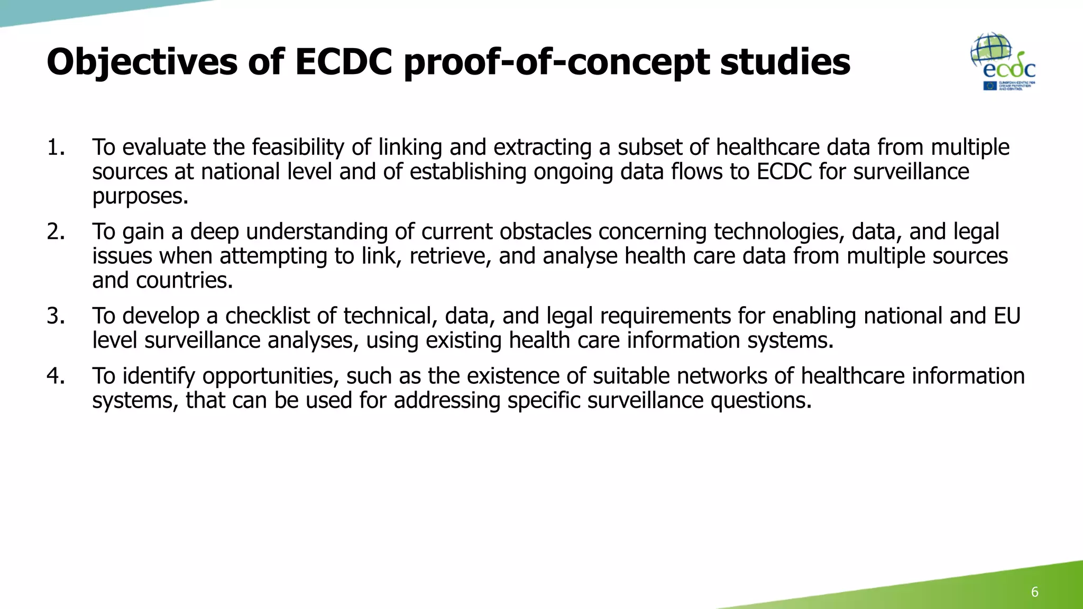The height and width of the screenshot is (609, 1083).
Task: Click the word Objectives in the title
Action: coord(142,62)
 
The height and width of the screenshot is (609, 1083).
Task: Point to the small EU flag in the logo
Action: coord(990,86)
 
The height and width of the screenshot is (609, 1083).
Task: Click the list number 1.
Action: coord(56,147)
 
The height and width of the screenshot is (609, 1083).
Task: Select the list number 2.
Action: coord(56,232)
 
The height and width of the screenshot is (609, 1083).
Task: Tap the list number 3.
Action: coord(56,316)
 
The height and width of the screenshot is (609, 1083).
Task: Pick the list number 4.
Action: coord(56,376)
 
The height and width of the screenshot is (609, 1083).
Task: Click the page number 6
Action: coord(1034,592)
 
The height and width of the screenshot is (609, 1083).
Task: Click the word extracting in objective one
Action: coord(542,147)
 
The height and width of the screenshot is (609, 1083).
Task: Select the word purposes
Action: coord(140,197)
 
